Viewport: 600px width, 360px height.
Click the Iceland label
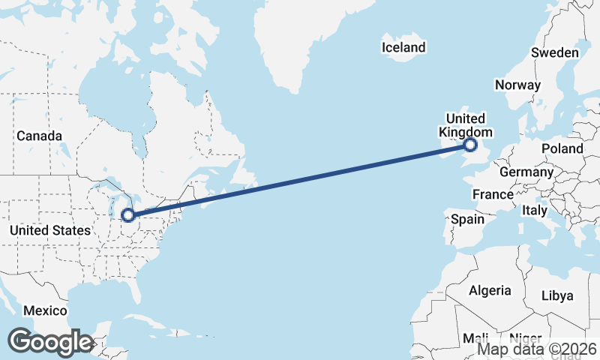coord(403,47)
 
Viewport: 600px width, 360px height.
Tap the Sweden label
coord(554,52)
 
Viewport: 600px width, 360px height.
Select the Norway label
coord(517,85)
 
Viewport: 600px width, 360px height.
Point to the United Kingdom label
coord(465,125)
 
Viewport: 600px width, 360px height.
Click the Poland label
coord(562,148)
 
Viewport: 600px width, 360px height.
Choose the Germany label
coord(526,172)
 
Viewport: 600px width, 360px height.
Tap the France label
coord(493,194)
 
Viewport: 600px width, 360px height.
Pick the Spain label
coord(467,220)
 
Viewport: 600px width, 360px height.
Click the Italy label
coord(534,210)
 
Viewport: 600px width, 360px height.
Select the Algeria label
coord(490,290)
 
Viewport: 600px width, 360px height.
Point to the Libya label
coord(559,295)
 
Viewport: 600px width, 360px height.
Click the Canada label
coord(39,136)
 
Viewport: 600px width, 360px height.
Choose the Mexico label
coord(45,310)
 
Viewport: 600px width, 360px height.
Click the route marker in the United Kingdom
coord(470,145)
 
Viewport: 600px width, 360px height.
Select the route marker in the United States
coord(128,215)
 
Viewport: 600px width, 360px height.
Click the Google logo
coord(50,342)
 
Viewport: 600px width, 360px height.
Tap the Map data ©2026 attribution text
coord(537,349)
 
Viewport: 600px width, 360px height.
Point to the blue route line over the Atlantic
coord(300,180)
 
